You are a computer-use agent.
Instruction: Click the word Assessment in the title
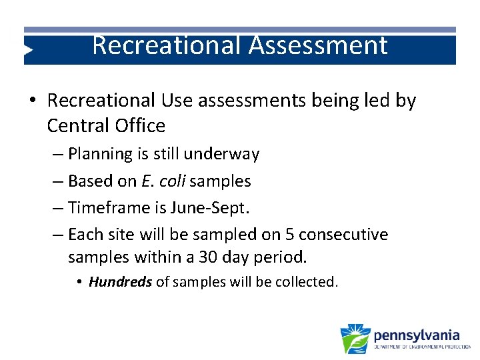[318, 45]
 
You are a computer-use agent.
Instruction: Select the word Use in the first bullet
[175, 101]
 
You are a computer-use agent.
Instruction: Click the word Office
[141, 125]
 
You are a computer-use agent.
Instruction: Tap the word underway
[225, 154]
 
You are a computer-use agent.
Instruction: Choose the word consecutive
[343, 235]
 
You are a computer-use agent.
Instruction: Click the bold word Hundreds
[120, 282]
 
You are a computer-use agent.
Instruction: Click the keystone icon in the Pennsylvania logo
[355, 338]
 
